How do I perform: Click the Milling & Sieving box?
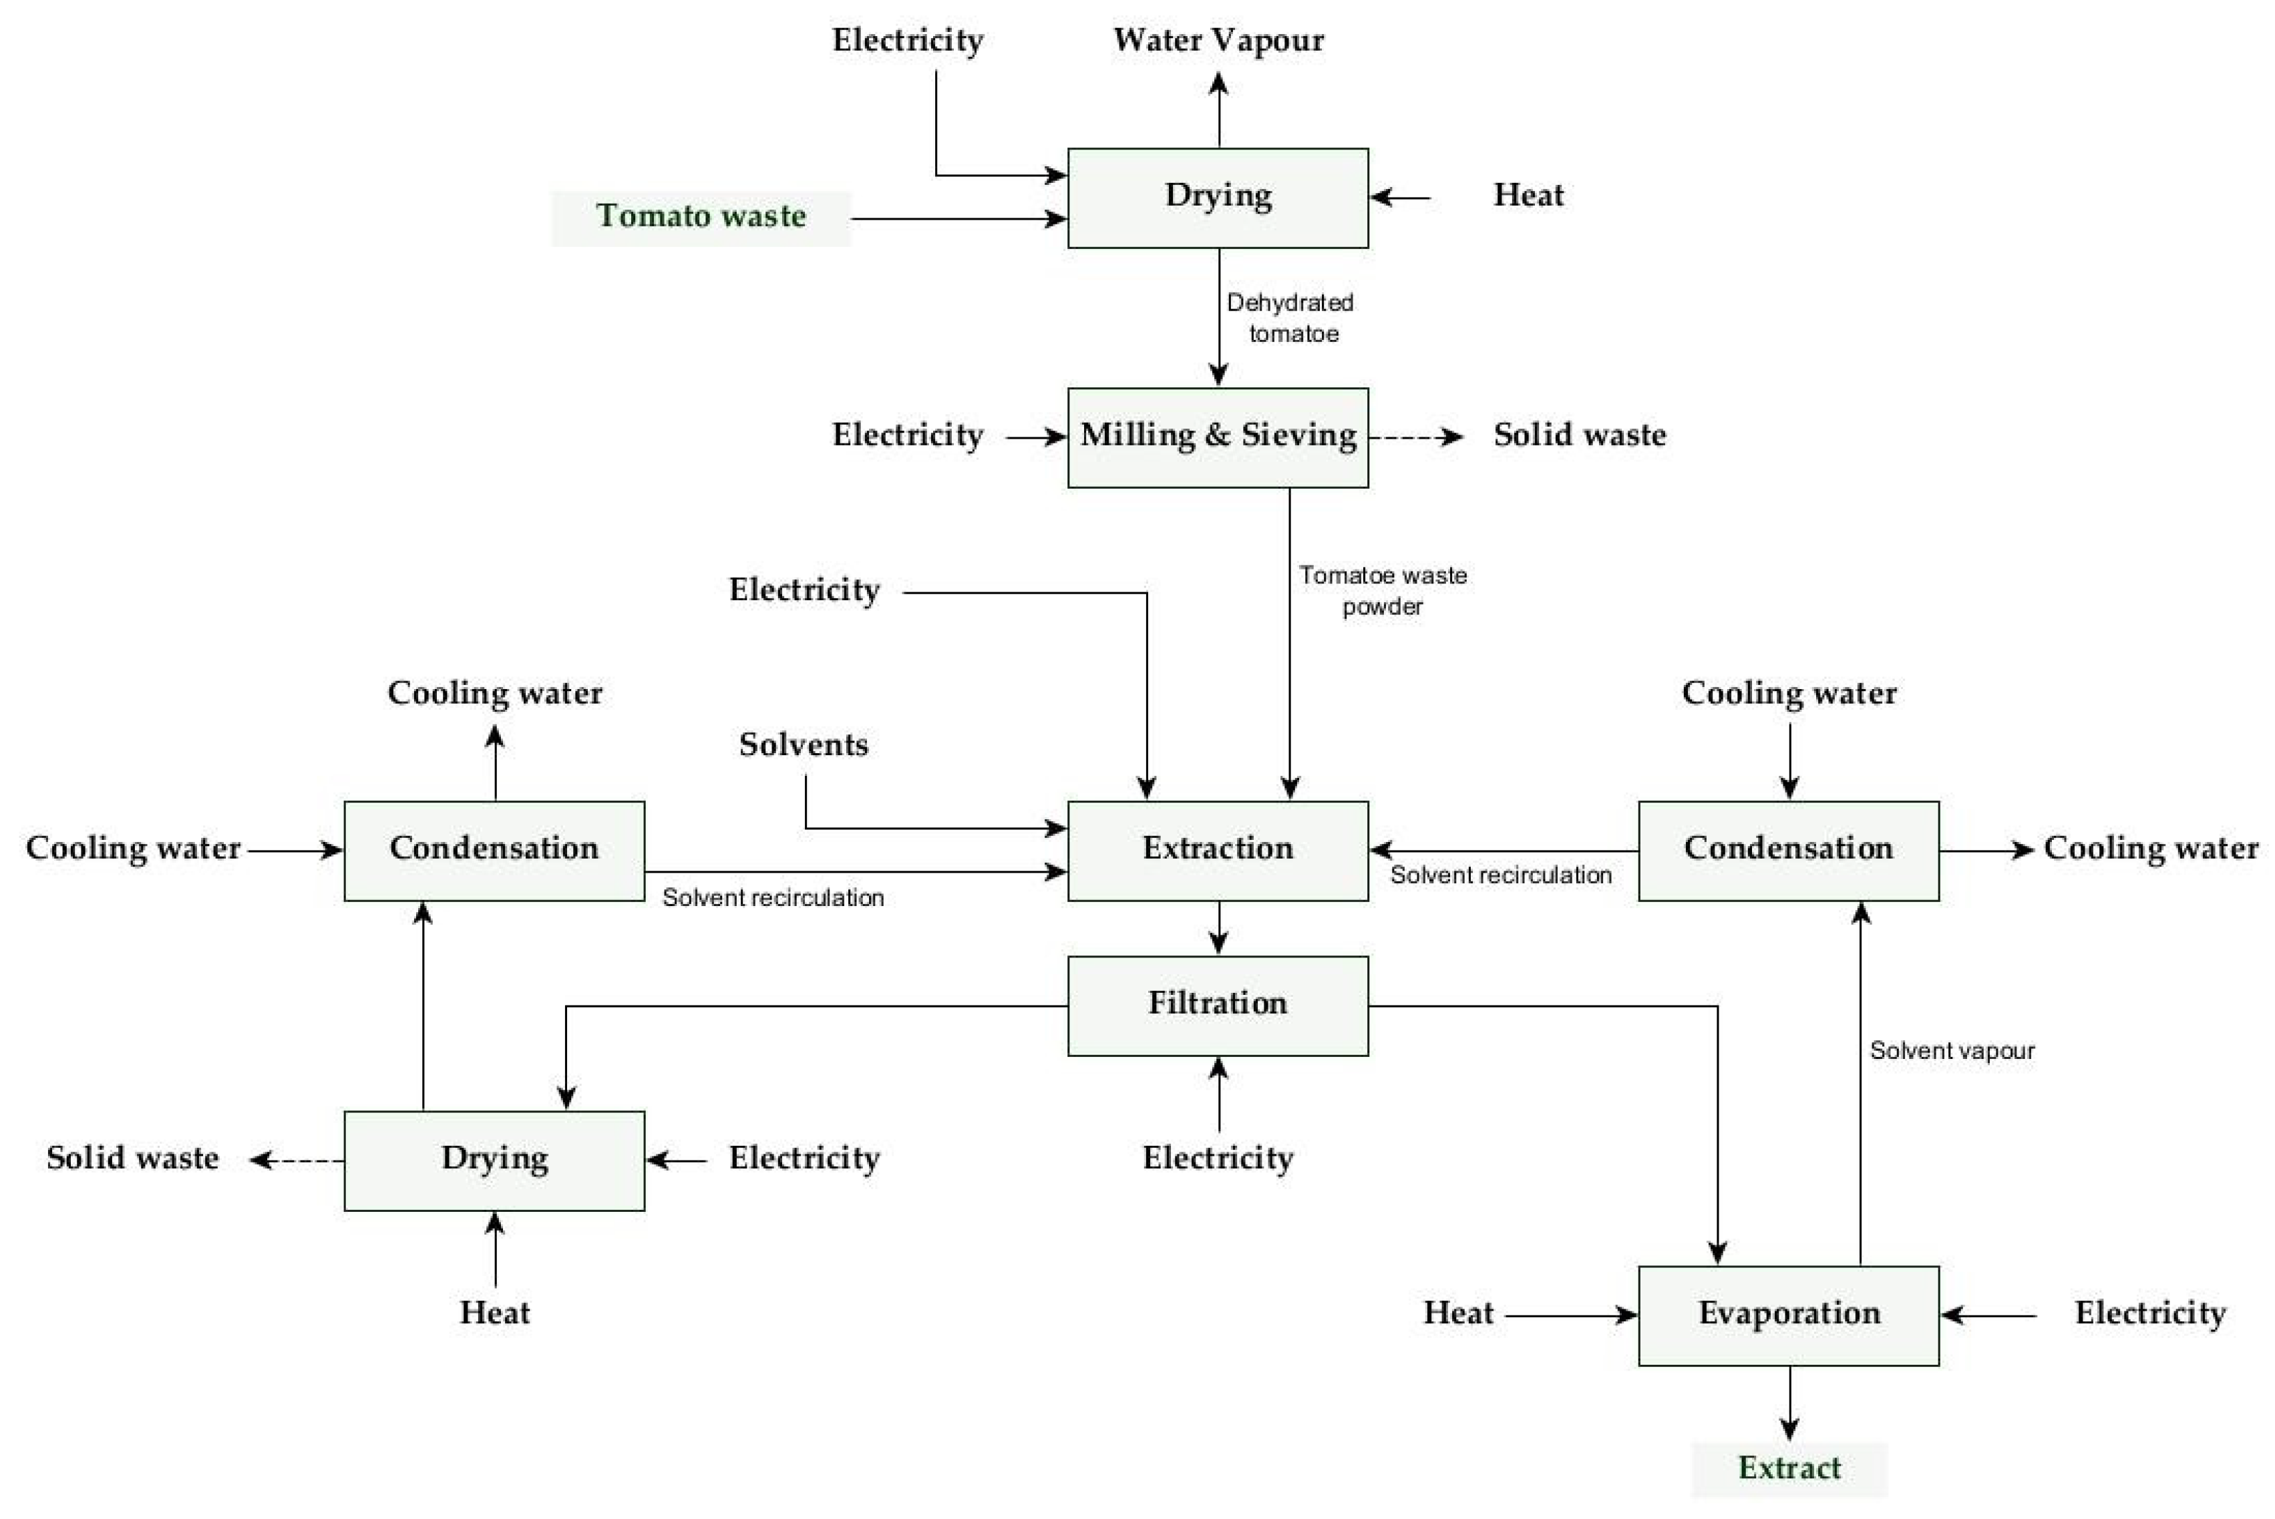pyautogui.click(x=1218, y=437)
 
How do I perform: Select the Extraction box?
pyautogui.click(x=1218, y=849)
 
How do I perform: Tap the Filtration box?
pyautogui.click(x=1218, y=1005)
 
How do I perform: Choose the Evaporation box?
pyautogui.click(x=1789, y=1315)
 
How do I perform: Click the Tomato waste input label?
pyautogui.click(x=701, y=217)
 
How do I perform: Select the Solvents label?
pyautogui.click(x=804, y=745)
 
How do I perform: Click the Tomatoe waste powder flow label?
pyautogui.click(x=1383, y=590)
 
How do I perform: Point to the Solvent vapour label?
pyautogui.click(x=1952, y=1051)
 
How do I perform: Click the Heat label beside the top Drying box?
pyautogui.click(x=1528, y=196)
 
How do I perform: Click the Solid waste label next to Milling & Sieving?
pyautogui.click(x=1579, y=435)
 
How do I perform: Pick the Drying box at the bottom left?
pyautogui.click(x=494, y=1160)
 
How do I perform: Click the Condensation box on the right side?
pyautogui.click(x=1789, y=849)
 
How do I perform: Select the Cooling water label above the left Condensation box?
pyautogui.click(x=494, y=694)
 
